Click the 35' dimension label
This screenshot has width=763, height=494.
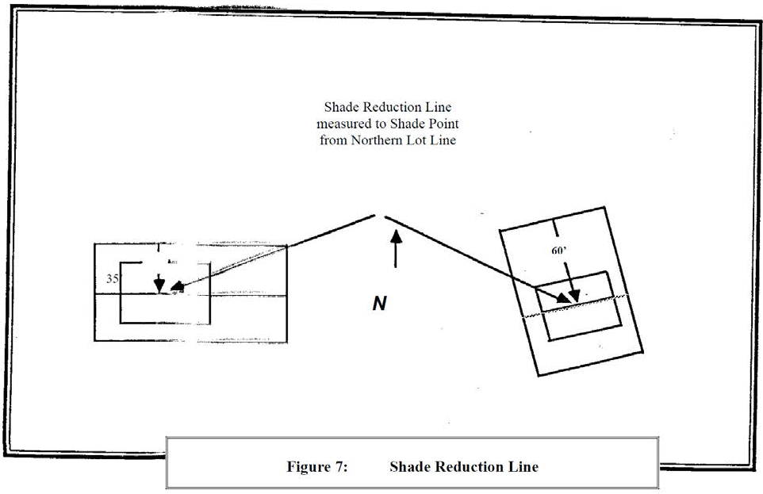(113, 279)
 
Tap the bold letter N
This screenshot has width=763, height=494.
(379, 304)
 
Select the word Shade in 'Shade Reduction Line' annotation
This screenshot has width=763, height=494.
(339, 107)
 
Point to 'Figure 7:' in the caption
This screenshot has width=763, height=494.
(316, 466)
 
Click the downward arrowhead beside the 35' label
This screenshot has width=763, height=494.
(159, 285)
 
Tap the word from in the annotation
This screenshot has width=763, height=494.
(333, 140)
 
